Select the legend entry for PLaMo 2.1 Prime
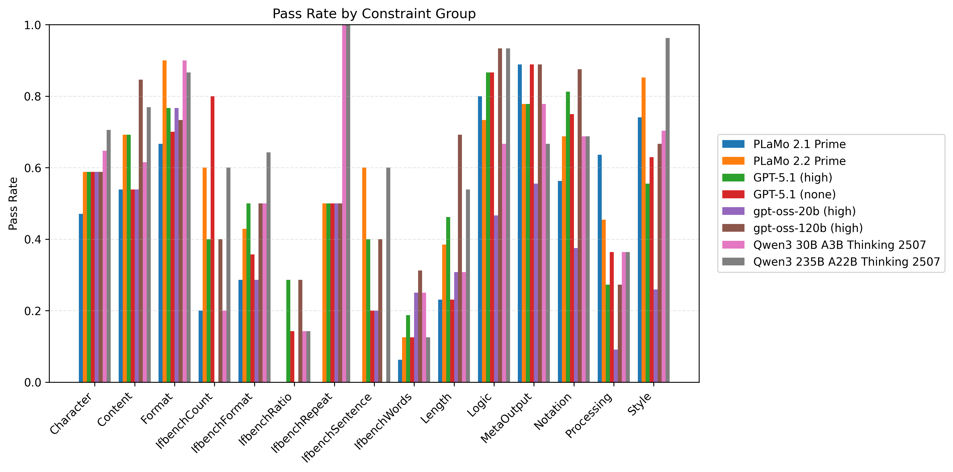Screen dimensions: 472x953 (x=799, y=144)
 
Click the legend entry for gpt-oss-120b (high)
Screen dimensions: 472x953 (x=808, y=228)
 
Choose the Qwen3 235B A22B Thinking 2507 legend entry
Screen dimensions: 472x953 (x=846, y=261)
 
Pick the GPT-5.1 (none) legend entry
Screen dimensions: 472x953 (x=794, y=194)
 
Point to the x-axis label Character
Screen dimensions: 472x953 (x=71, y=413)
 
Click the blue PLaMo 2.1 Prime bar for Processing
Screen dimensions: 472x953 (x=600, y=268)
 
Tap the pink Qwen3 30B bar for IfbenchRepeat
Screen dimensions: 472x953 (x=344, y=203)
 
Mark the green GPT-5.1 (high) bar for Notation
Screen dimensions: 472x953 (x=568, y=237)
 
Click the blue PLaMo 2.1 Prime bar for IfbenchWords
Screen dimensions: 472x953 (x=400, y=371)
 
